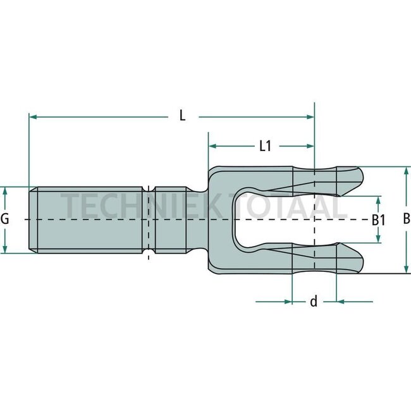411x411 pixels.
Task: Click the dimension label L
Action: tap(182, 116)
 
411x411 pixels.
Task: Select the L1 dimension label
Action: tap(265, 146)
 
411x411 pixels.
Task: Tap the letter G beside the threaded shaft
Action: tap(5, 220)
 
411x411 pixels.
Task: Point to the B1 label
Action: tap(378, 220)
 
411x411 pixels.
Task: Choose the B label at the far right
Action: tap(407, 219)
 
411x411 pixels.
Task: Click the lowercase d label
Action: tap(313, 302)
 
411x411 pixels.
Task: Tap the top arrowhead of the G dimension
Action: tap(5, 191)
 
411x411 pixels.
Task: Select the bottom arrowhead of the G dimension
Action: tap(5, 249)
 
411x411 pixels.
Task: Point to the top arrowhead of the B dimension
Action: tap(406, 171)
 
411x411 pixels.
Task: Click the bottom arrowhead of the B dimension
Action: tap(406, 269)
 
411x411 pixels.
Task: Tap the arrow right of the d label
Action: tap(341, 302)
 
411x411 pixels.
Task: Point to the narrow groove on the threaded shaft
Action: tap(148, 220)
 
